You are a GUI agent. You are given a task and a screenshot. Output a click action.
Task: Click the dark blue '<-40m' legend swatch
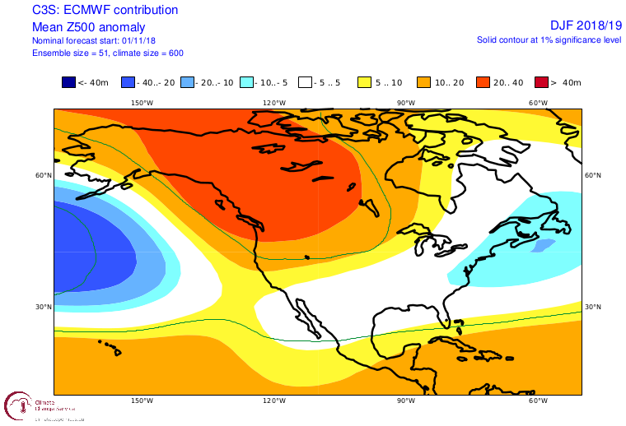68,82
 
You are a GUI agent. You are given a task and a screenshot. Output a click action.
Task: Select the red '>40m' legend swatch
542,82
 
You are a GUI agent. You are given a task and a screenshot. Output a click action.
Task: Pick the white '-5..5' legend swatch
305,82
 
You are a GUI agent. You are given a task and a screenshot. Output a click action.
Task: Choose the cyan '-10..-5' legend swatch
246,82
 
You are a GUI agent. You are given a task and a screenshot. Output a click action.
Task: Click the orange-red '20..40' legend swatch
483,82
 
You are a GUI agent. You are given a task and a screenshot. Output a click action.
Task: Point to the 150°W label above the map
142,103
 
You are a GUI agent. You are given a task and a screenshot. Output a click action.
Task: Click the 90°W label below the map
404,401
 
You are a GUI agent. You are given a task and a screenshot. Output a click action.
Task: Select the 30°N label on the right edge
592,307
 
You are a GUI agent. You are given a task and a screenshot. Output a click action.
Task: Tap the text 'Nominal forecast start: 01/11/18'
95,40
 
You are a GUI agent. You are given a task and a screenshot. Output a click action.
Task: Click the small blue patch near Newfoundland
543,244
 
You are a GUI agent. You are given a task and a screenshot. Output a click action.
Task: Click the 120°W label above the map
274,103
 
